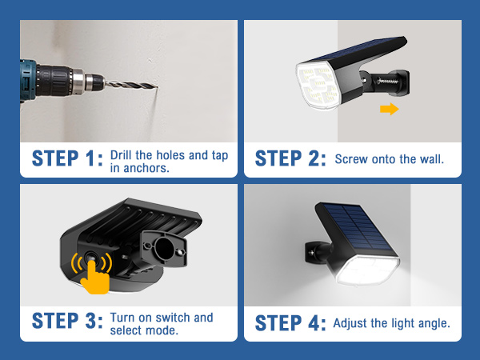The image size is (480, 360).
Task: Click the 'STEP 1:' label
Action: (x=68, y=158)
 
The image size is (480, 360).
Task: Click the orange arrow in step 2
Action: (x=389, y=109)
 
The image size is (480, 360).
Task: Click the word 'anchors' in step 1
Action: (x=148, y=167)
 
